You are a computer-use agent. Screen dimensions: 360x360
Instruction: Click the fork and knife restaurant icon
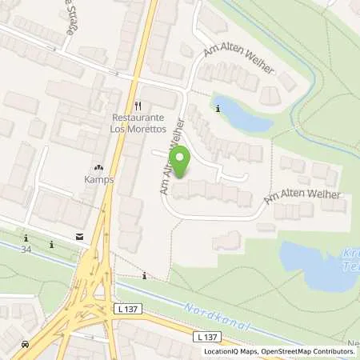[x=138, y=106]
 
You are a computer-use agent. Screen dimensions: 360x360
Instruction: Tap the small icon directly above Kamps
[x=98, y=168]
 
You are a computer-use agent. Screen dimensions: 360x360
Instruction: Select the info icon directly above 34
[x=26, y=238]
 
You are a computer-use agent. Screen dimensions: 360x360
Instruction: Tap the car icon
[x=26, y=344]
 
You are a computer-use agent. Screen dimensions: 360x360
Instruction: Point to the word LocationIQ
[x=222, y=351]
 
